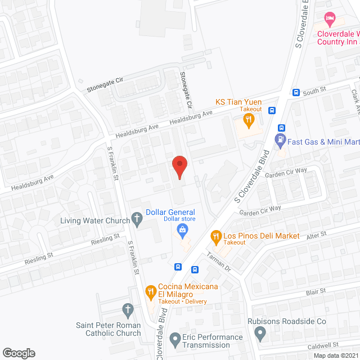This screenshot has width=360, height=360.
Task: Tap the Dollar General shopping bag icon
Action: pyautogui.click(x=183, y=229)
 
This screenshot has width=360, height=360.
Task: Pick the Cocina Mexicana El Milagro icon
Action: pyautogui.click(x=150, y=291)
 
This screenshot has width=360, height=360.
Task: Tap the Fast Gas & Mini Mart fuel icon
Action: pyautogui.click(x=280, y=139)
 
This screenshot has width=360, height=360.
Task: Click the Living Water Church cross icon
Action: pyautogui.click(x=137, y=218)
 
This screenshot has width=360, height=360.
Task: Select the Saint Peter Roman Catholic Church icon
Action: pyautogui.click(x=128, y=309)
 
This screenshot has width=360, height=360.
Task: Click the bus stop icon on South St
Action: pyautogui.click(x=296, y=92)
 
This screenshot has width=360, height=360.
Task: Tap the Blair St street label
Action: pyautogui.click(x=316, y=291)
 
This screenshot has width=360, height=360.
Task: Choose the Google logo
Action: pyautogui.click(x=18, y=353)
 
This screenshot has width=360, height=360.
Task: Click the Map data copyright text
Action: pyautogui.click(x=335, y=355)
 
